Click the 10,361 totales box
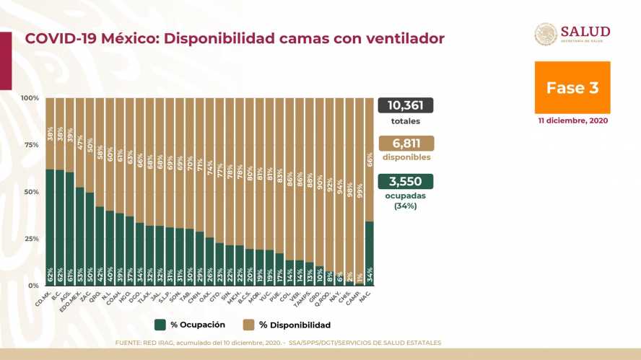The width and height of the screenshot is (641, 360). pyautogui.click(x=405, y=105)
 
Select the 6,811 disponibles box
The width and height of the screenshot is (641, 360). pyautogui.click(x=405, y=143)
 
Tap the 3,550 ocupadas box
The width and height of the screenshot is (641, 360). pyautogui.click(x=405, y=181)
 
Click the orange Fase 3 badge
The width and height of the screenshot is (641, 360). pyautogui.click(x=572, y=87)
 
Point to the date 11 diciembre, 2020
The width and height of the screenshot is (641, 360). pyautogui.click(x=572, y=120)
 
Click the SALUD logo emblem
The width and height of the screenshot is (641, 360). pyautogui.click(x=546, y=35)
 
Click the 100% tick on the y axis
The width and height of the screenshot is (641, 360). pyautogui.click(x=30, y=98)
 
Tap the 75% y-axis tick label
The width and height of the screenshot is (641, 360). pyautogui.click(x=30, y=145)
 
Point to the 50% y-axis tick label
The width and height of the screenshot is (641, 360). pyautogui.click(x=30, y=192)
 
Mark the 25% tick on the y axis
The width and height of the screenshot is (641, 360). pyautogui.click(x=30, y=239)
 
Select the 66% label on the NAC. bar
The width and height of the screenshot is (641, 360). pyautogui.click(x=370, y=159)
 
